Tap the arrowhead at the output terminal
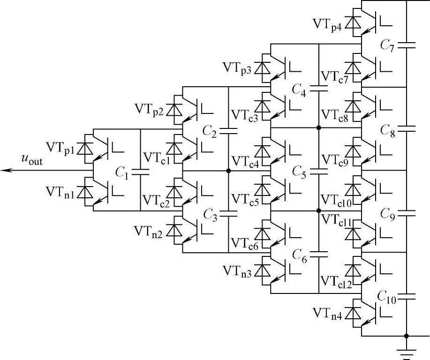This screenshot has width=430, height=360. coord(5,170)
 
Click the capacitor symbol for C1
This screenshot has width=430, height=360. coord(140,171)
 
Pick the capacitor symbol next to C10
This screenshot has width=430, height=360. coord(407,295)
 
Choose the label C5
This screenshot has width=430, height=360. coord(298,171)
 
